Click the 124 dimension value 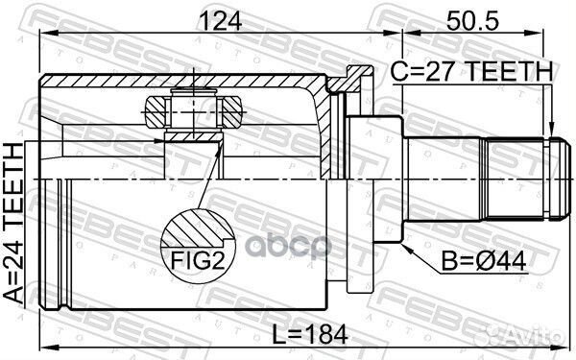pos(220,20)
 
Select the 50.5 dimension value pos(472,20)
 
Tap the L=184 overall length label pos(310,335)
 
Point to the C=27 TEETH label pos(471,71)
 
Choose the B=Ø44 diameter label pos(484,261)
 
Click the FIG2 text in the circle pos(197,260)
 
